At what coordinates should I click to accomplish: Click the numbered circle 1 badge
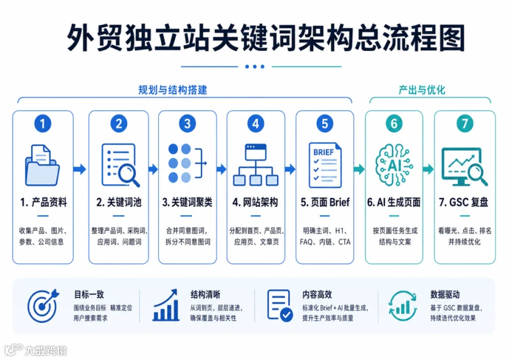pos(42,124)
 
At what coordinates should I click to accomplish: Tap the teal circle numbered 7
pos(464,124)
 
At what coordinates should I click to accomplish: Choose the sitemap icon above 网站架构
pos(256,165)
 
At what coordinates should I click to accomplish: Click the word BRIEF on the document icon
pos(323,153)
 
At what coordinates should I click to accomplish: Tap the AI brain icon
pos(394,165)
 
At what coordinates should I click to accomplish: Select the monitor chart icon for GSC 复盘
pos(464,167)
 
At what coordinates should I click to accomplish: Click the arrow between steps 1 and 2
pos(80,169)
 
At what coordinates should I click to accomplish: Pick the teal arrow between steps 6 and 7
pos(428,169)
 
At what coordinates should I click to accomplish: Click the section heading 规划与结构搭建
pos(172,90)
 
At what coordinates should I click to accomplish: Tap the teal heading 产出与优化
pos(422,90)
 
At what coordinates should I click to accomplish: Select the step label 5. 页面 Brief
pos(325,202)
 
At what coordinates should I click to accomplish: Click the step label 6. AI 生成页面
pos(394,202)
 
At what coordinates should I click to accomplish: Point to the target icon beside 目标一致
pos(42,306)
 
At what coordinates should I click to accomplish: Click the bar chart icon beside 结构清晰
pos(166,305)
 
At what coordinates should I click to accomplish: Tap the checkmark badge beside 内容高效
pos(286,315)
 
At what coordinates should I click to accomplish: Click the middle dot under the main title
pos(255,67)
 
